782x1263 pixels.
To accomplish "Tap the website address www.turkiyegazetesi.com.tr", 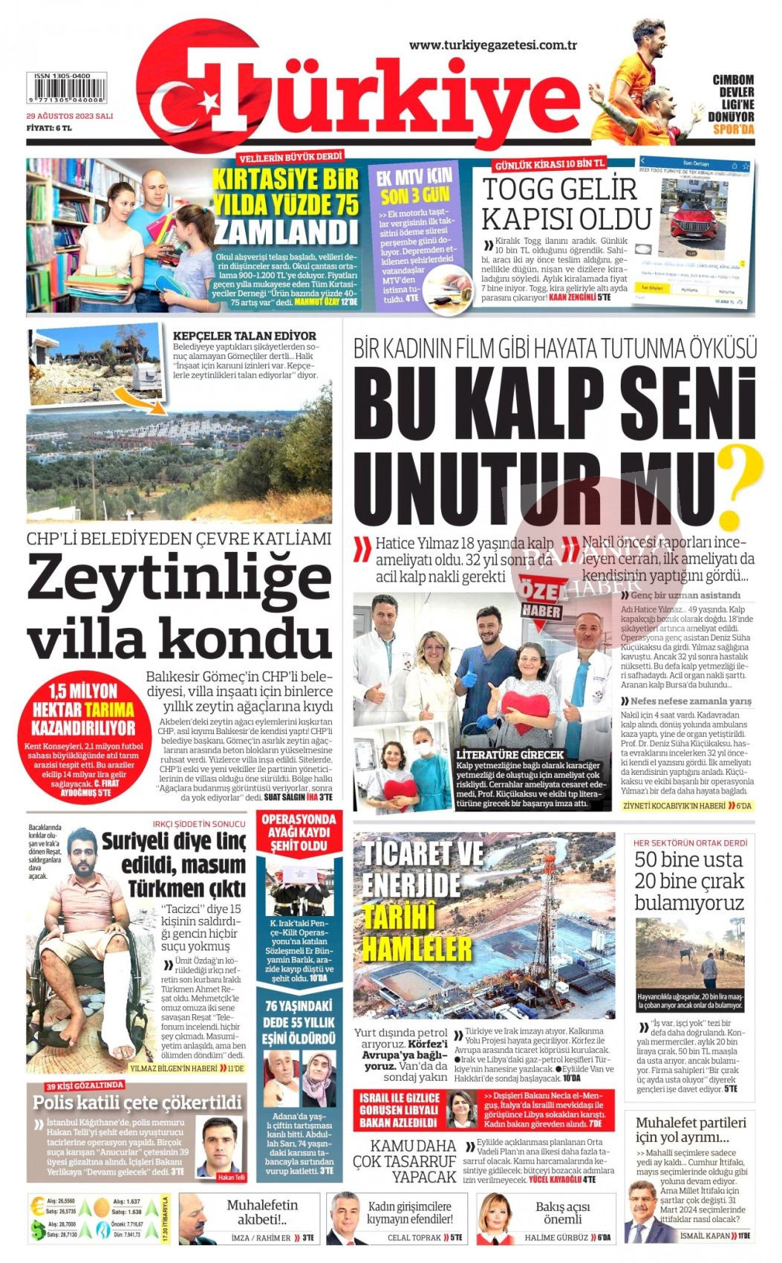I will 494,45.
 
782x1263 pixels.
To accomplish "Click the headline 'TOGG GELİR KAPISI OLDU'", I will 566,204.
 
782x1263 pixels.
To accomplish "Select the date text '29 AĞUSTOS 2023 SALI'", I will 70,116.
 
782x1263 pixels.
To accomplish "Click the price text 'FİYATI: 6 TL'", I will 49,128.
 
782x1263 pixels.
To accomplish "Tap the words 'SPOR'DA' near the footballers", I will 733,129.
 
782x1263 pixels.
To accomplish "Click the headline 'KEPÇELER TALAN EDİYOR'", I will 244,336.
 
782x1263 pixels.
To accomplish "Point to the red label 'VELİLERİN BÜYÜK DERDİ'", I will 291,157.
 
